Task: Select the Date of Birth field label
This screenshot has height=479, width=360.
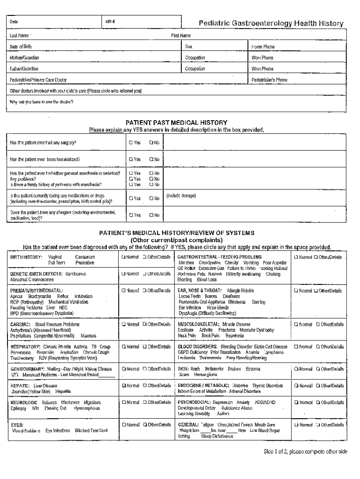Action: (x=21, y=47)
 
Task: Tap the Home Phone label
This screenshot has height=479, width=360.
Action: (x=263, y=47)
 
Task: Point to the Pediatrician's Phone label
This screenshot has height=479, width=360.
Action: (x=269, y=80)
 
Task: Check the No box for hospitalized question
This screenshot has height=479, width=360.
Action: (x=151, y=159)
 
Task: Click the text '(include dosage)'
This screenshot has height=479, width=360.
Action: (x=181, y=196)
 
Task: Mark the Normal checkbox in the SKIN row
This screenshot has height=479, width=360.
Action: (x=296, y=369)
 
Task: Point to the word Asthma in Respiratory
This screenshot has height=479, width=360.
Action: (x=81, y=347)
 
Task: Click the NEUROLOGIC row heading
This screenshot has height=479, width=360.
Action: (x=23, y=402)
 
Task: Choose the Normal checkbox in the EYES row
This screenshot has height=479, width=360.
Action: (x=123, y=424)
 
